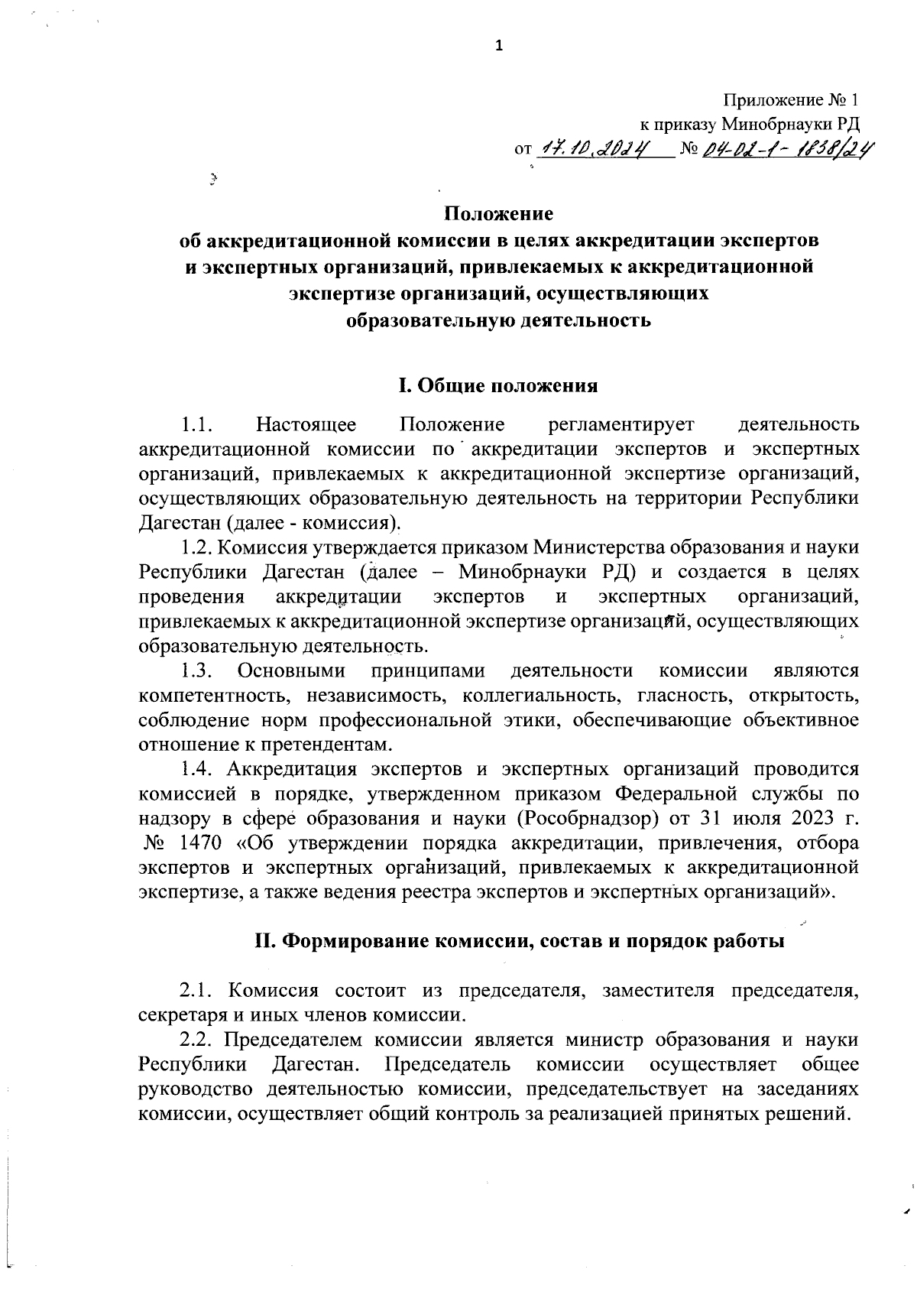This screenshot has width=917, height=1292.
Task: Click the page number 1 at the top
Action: coord(500,47)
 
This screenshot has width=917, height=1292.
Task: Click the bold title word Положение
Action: coord(499,212)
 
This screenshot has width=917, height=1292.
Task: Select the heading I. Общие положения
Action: coord(498,385)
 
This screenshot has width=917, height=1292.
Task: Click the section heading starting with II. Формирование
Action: coord(519,941)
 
